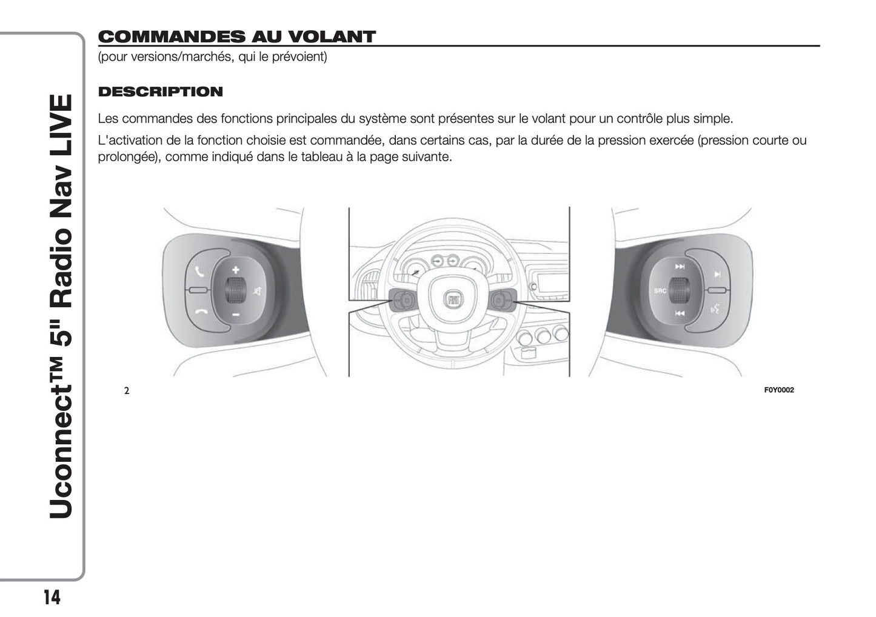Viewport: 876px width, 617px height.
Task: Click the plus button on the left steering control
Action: [x=235, y=270]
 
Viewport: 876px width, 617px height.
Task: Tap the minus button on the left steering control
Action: [x=236, y=315]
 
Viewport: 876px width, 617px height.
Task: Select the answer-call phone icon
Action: [x=200, y=272]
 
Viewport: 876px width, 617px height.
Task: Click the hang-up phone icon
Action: [x=201, y=312]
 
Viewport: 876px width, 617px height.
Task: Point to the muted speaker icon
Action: [x=258, y=292]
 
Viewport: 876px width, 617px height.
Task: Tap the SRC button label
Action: [x=660, y=291]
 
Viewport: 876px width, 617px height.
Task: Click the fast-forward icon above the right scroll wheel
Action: [x=680, y=267]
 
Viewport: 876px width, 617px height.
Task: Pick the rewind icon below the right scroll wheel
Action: [x=680, y=313]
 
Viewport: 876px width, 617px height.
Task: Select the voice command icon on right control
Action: [x=715, y=309]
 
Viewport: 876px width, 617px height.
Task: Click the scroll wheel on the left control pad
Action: [x=235, y=290]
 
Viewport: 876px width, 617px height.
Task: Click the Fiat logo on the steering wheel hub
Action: [x=453, y=300]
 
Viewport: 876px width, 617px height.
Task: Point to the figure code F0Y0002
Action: [x=779, y=390]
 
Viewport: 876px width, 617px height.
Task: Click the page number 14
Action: [x=52, y=597]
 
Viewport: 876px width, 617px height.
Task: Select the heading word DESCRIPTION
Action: [x=160, y=92]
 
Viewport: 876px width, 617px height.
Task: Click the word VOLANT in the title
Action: [x=332, y=37]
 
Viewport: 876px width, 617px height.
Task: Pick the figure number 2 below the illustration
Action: [x=127, y=390]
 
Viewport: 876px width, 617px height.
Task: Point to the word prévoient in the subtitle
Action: [x=299, y=57]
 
